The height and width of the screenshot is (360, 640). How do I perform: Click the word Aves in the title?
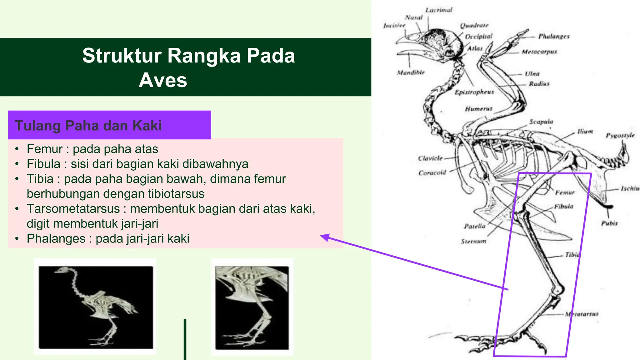[x=163, y=80]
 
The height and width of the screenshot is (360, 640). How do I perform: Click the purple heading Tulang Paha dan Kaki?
[x=88, y=126]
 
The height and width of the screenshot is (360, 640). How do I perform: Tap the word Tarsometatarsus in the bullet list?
[x=73, y=209]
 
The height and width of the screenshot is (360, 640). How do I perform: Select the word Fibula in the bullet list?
[x=43, y=164]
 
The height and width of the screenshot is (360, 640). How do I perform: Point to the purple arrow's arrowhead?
[x=325, y=237]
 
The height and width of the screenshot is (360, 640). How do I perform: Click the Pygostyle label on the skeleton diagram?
[x=620, y=135]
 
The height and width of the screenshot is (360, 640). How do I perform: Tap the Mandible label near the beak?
[x=411, y=72]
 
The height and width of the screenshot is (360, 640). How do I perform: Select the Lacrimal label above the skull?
[x=438, y=10]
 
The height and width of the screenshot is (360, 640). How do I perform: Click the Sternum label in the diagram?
[x=473, y=241]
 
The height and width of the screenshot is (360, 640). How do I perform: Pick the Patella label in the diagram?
[x=474, y=226]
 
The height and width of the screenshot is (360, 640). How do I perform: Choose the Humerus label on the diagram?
[x=478, y=109]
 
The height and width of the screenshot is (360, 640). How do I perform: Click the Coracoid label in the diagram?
[x=432, y=173]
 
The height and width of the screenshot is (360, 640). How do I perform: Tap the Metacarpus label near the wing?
[x=539, y=52]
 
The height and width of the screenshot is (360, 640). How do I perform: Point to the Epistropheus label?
[x=474, y=92]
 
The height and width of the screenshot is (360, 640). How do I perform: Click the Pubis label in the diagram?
[x=609, y=223]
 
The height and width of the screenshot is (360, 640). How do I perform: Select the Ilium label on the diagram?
[x=585, y=132]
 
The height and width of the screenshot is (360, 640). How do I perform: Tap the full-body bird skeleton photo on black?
[x=95, y=307]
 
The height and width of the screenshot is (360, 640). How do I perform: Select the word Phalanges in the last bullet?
[x=56, y=239]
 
